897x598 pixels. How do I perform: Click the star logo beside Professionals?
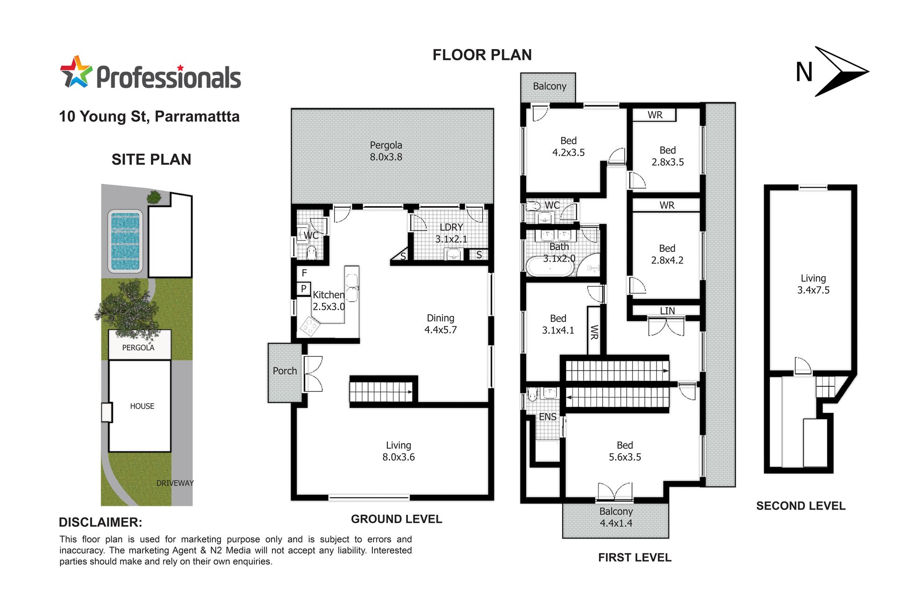[76, 72]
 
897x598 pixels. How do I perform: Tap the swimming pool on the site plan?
[125, 241]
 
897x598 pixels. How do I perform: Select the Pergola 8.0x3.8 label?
[386, 151]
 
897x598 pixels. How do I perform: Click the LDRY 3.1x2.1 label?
[451, 233]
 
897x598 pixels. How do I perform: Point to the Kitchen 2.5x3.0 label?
[329, 300]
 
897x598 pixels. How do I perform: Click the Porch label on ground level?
[285, 370]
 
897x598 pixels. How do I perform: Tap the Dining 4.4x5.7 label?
[441, 323]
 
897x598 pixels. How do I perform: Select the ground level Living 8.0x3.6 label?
[399, 451]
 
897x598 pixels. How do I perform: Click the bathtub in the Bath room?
[550, 266]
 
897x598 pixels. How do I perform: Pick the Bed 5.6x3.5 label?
[625, 451]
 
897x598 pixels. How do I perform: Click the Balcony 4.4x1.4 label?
[616, 517]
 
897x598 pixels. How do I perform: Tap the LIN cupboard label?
[668, 311]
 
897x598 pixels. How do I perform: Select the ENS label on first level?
[548, 417]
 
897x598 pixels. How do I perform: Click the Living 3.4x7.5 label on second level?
[813, 284]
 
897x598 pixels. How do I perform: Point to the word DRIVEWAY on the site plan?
[175, 483]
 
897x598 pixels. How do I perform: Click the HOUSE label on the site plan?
[142, 406]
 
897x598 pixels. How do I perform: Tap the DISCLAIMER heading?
[100, 522]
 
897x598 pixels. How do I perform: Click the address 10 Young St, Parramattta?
[149, 116]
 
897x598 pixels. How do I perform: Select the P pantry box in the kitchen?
[304, 289]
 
